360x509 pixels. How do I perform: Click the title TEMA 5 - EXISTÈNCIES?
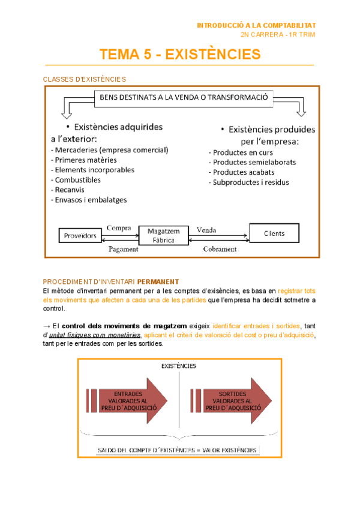[x=180, y=55]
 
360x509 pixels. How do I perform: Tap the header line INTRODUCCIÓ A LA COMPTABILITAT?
[x=256, y=26]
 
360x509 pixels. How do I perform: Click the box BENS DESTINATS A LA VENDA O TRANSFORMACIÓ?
[x=184, y=97]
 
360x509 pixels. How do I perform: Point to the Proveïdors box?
[x=80, y=236]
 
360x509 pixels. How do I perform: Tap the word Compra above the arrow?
[x=119, y=227]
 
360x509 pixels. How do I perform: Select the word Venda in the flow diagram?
[x=207, y=229]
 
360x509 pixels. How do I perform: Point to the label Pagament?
[x=123, y=248]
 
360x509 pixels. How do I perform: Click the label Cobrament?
[x=220, y=248]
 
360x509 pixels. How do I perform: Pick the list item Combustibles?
[x=77, y=179]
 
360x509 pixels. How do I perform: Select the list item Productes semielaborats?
[x=252, y=162]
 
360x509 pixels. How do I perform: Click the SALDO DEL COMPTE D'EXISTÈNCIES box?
[x=178, y=450]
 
